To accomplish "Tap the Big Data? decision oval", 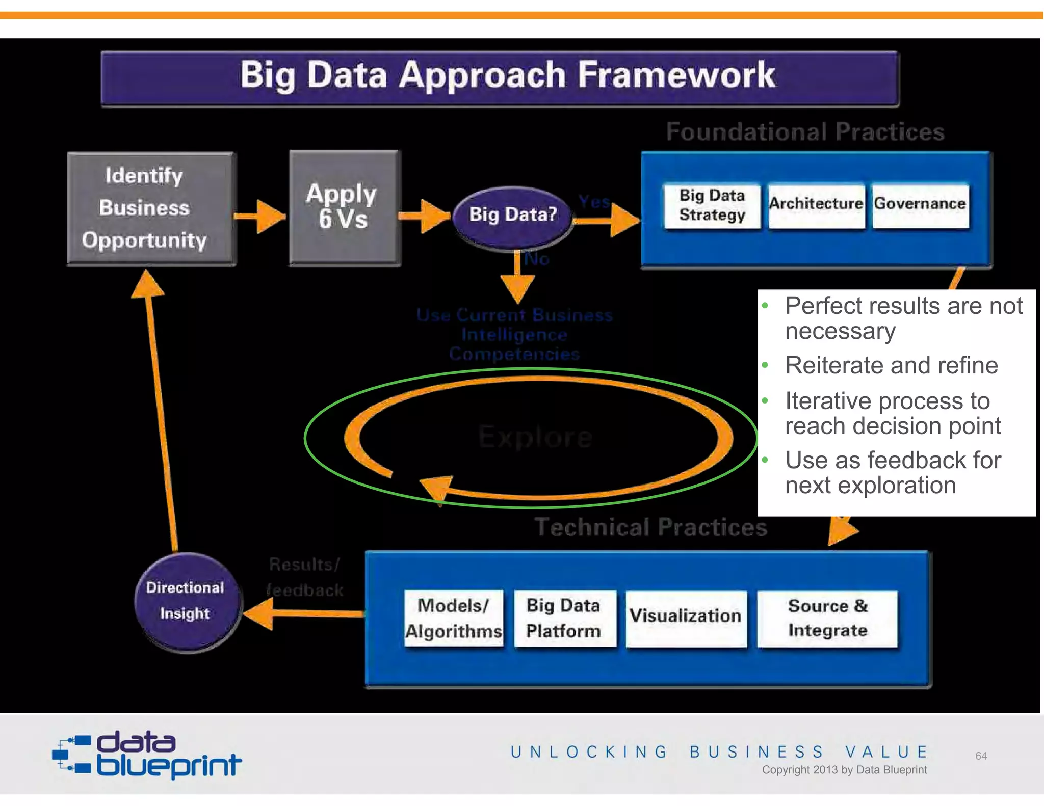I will [x=512, y=215].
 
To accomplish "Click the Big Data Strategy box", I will [x=712, y=205].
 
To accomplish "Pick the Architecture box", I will [x=816, y=204].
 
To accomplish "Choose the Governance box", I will [x=920, y=204].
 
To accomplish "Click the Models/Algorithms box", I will [x=453, y=618].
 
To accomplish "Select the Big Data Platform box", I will [x=564, y=618].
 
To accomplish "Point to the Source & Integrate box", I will [x=827, y=618].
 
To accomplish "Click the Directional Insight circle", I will [x=186, y=601].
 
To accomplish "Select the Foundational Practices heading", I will [x=805, y=132].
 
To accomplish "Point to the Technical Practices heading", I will [x=650, y=527].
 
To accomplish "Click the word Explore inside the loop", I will [x=535, y=437].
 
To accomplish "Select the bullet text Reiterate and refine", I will [x=891, y=365].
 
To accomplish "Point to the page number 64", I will [x=981, y=756].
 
